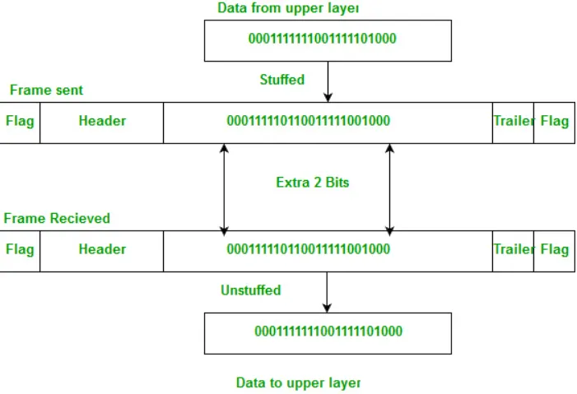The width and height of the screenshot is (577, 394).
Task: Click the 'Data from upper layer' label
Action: (x=288, y=8)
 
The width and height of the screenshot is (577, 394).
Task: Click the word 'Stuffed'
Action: (x=282, y=80)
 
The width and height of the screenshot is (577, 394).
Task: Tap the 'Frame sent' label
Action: (x=46, y=90)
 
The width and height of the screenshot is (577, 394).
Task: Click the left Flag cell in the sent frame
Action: (x=20, y=122)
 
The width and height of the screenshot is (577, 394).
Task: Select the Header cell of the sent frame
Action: (x=102, y=122)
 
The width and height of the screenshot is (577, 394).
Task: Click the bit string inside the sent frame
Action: (x=308, y=122)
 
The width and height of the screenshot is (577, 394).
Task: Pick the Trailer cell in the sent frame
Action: (x=514, y=122)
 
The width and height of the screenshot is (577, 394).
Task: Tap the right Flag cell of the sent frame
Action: (x=554, y=122)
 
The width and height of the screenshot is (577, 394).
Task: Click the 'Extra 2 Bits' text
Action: (x=312, y=183)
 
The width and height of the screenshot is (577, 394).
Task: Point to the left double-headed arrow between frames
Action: (x=224, y=188)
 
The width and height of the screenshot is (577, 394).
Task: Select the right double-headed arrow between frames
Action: (x=389, y=188)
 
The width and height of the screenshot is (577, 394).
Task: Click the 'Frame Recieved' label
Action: (x=57, y=219)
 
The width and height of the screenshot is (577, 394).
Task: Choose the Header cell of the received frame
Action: (x=102, y=249)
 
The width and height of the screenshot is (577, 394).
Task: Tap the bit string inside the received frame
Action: (x=308, y=249)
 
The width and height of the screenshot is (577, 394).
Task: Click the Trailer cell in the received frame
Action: (x=514, y=249)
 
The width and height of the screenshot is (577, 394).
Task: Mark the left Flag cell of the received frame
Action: (x=20, y=249)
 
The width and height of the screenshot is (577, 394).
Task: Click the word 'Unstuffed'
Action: (x=250, y=290)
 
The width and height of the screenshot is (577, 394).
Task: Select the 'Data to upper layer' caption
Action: (x=298, y=382)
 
